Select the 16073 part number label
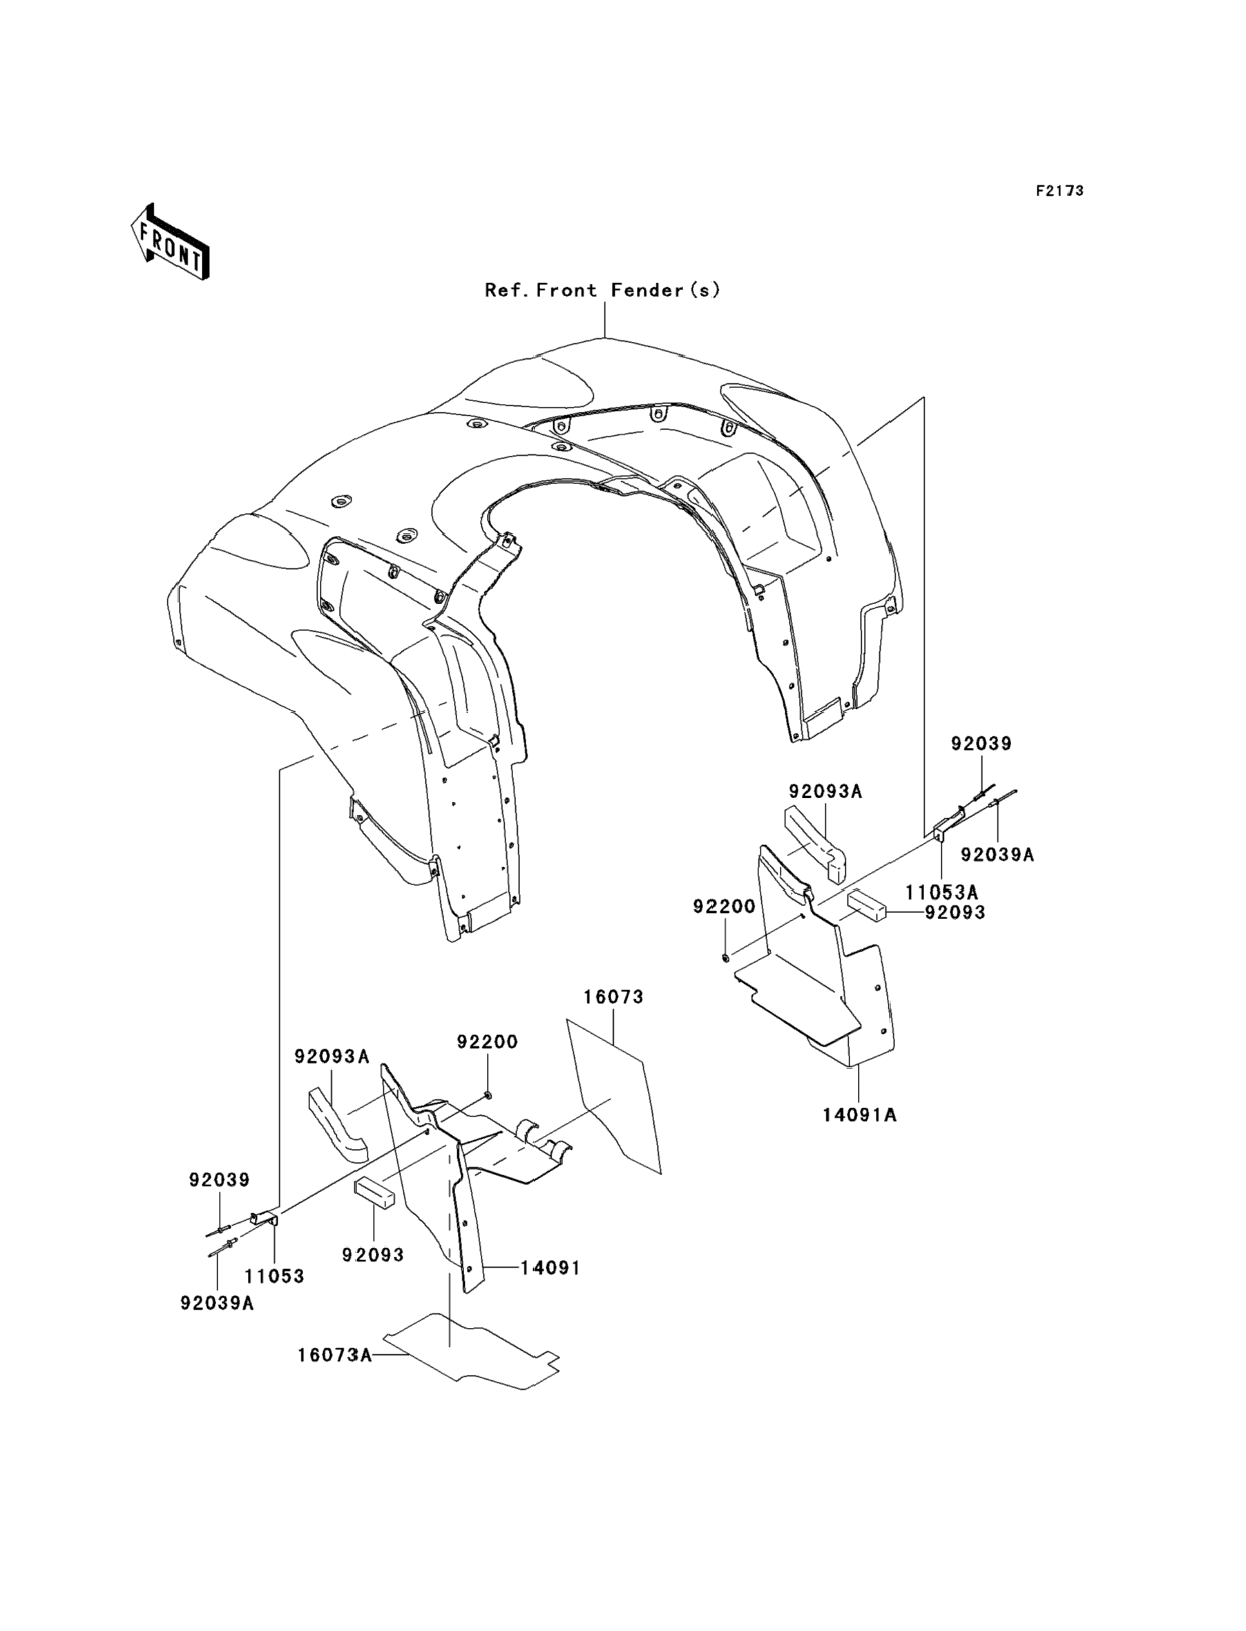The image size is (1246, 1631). [613, 997]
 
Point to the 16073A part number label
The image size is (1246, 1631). [334, 1355]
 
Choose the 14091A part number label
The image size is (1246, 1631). [860, 1135]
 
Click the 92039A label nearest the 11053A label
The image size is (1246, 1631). [997, 855]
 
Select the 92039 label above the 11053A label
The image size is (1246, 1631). [981, 744]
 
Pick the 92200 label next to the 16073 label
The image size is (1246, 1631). [487, 1041]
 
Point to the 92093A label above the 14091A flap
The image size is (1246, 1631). [825, 792]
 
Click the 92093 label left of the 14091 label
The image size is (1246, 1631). [373, 1255]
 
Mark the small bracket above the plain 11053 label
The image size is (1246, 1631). [263, 1217]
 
